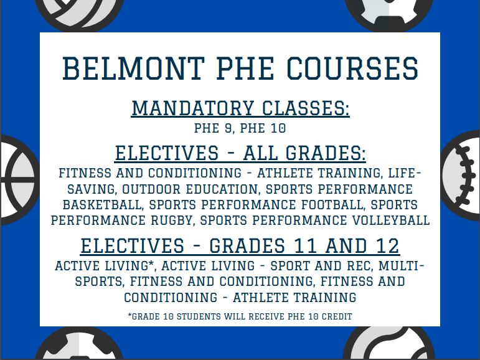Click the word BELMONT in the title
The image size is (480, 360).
[133, 69]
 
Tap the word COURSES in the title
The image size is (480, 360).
[352, 69]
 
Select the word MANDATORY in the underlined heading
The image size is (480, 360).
[193, 108]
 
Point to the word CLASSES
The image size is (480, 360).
[306, 108]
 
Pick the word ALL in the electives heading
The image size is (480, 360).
[260, 153]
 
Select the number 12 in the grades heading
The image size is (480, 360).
[388, 246]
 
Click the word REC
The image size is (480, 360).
[360, 266]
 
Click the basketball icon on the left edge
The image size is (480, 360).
[19, 180]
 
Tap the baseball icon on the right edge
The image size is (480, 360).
[460, 176]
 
